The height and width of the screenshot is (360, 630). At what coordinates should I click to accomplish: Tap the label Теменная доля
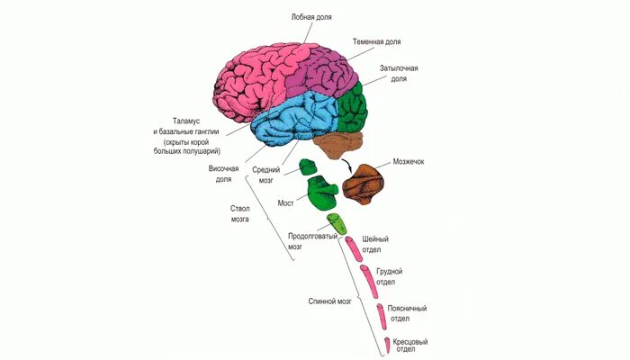[x=375, y=41]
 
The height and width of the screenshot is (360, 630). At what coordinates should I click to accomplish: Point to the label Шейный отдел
[x=375, y=244]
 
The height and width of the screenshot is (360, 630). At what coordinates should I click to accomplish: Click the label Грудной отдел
[x=389, y=275]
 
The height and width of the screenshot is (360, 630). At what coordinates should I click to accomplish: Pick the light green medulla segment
[x=336, y=224]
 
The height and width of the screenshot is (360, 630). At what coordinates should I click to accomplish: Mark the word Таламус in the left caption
[x=189, y=121]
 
